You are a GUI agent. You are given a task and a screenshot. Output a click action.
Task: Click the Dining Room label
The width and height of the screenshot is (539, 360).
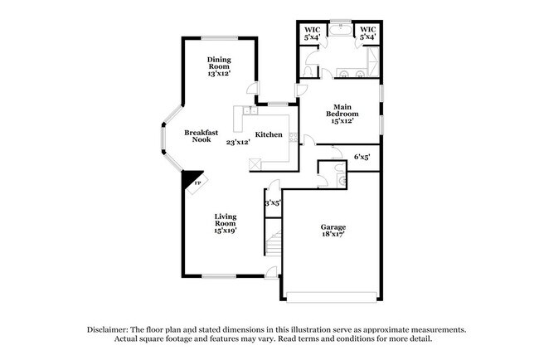220,66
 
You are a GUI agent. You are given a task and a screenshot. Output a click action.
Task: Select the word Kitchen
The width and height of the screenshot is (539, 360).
269,135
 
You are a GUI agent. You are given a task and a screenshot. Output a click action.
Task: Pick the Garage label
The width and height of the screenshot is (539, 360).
333,231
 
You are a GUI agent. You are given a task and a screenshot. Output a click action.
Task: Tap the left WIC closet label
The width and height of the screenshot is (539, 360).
312,33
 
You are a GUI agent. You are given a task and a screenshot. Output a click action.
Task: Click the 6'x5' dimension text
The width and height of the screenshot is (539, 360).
362,156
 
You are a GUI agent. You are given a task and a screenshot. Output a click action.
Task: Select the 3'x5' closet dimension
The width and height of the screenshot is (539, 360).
273,202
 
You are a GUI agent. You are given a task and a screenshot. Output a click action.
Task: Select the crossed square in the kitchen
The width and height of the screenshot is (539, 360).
256,164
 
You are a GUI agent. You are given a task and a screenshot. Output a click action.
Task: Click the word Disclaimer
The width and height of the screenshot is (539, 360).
111,329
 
